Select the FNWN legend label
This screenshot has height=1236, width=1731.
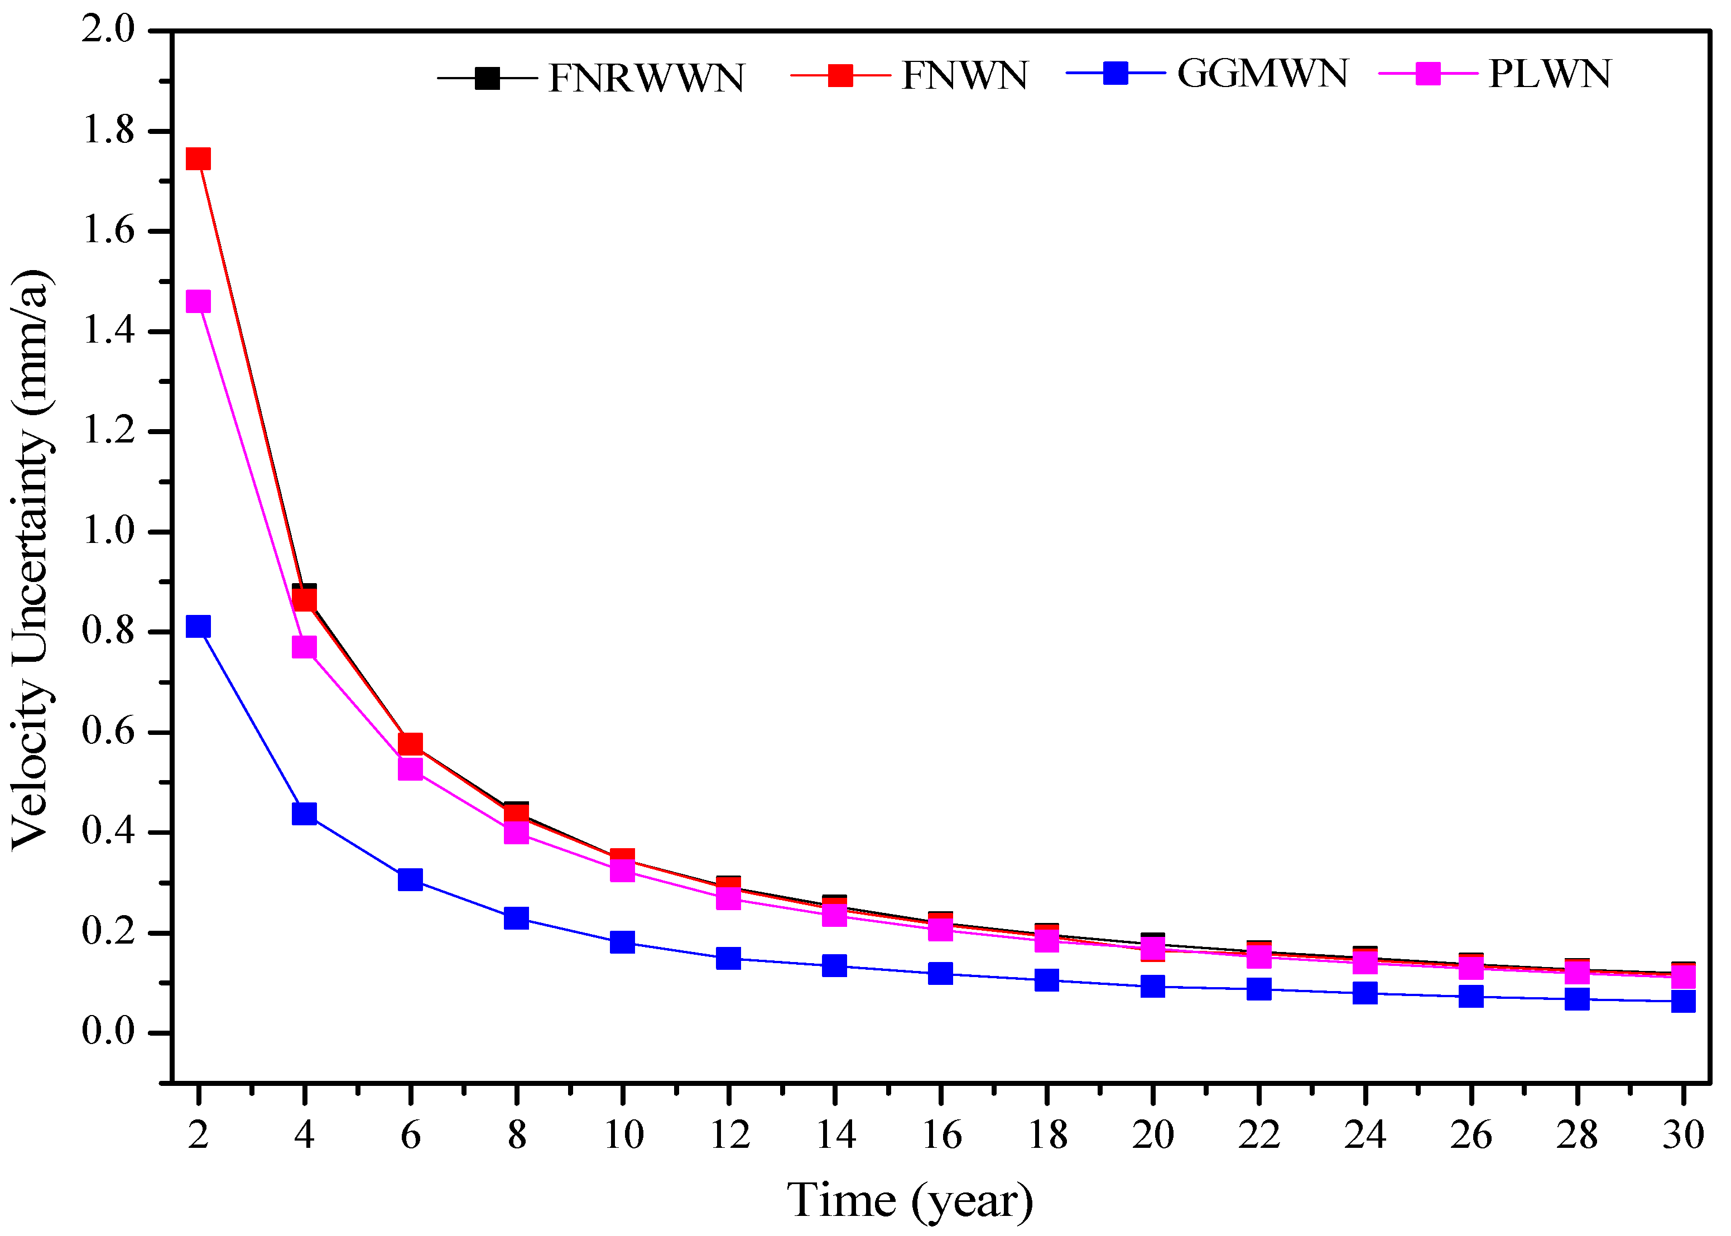click(964, 75)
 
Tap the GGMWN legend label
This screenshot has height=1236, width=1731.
click(1262, 73)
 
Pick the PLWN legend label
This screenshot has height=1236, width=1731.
click(1549, 74)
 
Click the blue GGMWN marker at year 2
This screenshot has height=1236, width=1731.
click(198, 627)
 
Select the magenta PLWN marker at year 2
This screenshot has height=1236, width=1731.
click(198, 301)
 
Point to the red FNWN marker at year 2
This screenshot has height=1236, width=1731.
click(198, 158)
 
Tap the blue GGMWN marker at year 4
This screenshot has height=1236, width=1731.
click(304, 814)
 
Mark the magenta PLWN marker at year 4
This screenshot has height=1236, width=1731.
click(304, 647)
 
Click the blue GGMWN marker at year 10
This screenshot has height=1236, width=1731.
click(622, 942)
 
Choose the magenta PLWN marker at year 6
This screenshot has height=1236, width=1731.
click(410, 769)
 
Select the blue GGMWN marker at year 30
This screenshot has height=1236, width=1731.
click(1683, 1001)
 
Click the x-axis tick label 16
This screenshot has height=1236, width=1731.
click(941, 1136)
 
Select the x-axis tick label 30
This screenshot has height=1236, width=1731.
click(1683, 1136)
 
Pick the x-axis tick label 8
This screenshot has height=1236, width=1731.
click(517, 1136)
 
